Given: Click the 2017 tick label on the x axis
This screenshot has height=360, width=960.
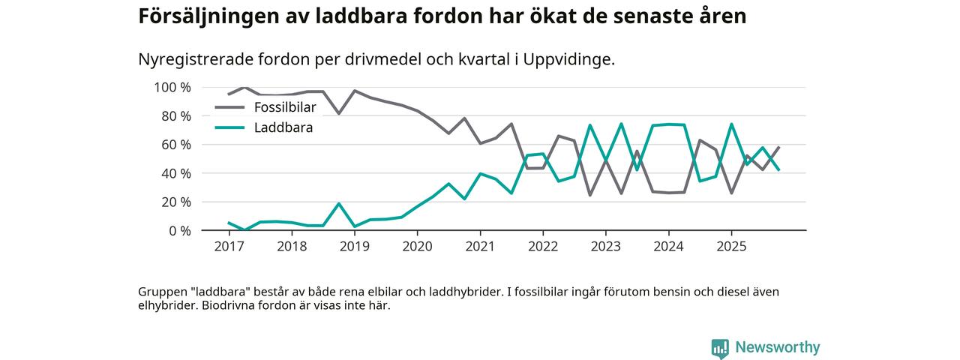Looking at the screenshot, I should [x=229, y=246].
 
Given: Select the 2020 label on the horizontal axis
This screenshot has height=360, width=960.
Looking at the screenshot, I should [x=417, y=246].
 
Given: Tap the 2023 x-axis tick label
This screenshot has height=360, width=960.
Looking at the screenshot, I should [x=606, y=246].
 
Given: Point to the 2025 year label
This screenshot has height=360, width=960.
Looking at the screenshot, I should [x=731, y=246].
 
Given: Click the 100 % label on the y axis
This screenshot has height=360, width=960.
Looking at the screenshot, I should [x=172, y=88].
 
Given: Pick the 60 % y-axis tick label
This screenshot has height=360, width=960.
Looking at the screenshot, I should [x=176, y=145].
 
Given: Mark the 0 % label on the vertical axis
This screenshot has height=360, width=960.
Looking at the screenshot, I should [x=180, y=231].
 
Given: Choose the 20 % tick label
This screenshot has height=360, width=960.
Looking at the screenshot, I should [x=176, y=202].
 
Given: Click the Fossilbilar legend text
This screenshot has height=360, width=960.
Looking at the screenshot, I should [x=285, y=107].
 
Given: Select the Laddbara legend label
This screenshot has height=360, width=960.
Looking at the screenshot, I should [x=283, y=128].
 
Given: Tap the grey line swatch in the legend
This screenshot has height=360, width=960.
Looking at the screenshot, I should [x=229, y=107].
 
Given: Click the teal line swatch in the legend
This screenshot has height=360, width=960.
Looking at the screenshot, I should [x=229, y=128].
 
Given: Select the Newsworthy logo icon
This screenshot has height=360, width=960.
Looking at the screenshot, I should [x=720, y=348].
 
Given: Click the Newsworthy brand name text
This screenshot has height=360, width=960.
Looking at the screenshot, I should [x=777, y=348].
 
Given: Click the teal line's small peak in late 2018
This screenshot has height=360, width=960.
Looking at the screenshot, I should [x=339, y=204].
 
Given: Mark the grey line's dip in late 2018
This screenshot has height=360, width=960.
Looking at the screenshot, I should [x=339, y=113].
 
